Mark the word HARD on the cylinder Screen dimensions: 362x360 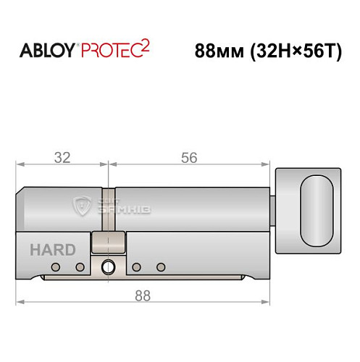coord(52,251)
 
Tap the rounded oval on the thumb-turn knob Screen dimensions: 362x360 coord(317,210)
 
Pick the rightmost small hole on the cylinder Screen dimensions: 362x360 coord(162,268)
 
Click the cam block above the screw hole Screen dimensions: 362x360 coord(108,243)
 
